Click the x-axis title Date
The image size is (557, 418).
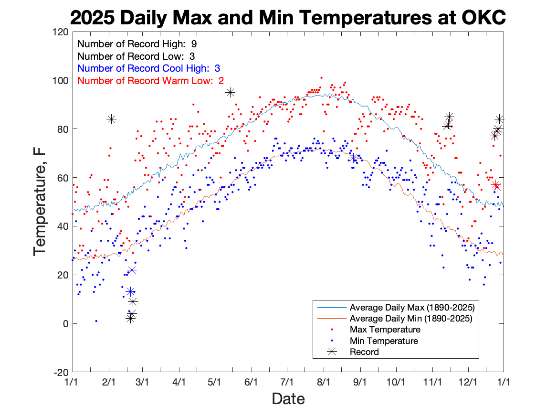point(288,398)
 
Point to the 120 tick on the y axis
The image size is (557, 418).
point(61,32)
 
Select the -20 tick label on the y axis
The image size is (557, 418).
point(60,372)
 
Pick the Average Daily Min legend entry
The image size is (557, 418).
point(411,318)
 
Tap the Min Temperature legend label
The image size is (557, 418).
point(384,341)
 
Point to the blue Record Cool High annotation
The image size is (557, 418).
point(148,68)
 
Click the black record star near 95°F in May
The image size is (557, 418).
point(230,93)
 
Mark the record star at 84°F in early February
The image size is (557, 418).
point(111,119)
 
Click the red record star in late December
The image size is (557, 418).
point(496,185)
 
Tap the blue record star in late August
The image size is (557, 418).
point(353,158)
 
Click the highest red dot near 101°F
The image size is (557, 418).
point(321,77)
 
